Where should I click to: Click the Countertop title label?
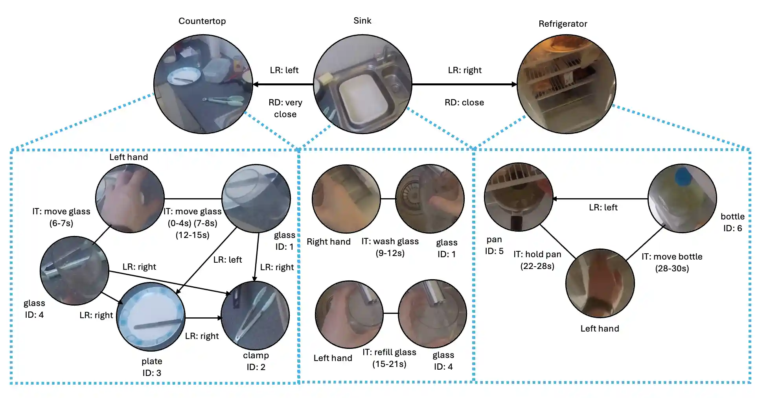coord(202,21)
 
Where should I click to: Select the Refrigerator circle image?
coord(566,84)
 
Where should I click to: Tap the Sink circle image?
coord(362,84)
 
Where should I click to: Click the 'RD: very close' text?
coord(285,108)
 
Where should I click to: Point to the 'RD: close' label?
coord(464,103)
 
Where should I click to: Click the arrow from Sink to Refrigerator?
coord(464,84)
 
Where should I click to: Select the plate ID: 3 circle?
coord(151,317)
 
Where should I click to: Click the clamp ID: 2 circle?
coord(255,315)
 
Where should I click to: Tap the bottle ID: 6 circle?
coord(682,198)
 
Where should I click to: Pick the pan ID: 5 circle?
coord(519,197)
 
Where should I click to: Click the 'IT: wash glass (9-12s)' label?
coord(390,247)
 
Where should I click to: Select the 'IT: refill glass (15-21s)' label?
coord(389,358)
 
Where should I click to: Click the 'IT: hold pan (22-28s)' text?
coord(537,260)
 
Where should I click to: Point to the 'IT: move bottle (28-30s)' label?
coord(671,262)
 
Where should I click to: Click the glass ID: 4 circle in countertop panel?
coord(74,271)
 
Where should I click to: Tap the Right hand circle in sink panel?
coord(346,199)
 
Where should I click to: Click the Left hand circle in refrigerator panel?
coord(600,283)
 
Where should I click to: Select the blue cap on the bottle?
coord(683,176)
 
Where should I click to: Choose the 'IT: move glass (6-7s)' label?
coord(61,217)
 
